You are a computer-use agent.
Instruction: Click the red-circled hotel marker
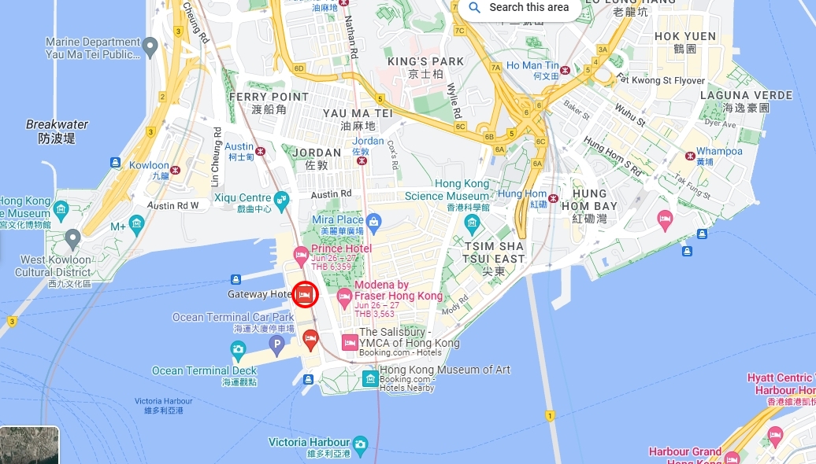(305, 294)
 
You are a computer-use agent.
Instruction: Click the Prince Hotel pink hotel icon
(301, 254)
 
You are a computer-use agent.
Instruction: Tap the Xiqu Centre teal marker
(281, 198)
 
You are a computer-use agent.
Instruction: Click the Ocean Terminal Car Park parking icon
(276, 344)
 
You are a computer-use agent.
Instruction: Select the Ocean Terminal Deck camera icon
(238, 349)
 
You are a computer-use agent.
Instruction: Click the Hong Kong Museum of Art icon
(369, 378)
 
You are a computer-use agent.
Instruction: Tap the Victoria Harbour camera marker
(361, 447)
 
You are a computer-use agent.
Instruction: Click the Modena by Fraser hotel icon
(344, 296)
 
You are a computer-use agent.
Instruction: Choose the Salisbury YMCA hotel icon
(350, 342)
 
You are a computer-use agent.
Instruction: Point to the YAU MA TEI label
(358, 113)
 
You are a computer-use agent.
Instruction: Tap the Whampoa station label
(718, 151)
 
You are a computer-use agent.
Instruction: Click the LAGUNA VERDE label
(746, 95)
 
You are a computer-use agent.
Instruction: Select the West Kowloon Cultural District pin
(73, 237)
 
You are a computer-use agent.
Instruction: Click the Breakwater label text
(57, 124)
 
